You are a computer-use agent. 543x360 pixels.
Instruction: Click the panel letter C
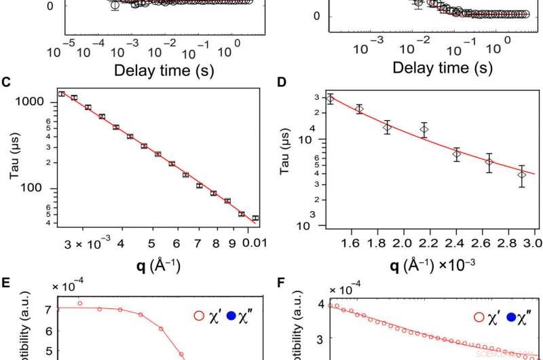[6, 83]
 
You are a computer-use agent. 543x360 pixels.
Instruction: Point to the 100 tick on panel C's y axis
[43, 188]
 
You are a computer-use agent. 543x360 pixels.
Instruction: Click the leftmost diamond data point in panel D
[331, 98]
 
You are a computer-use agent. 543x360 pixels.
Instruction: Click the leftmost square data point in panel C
[62, 94]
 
